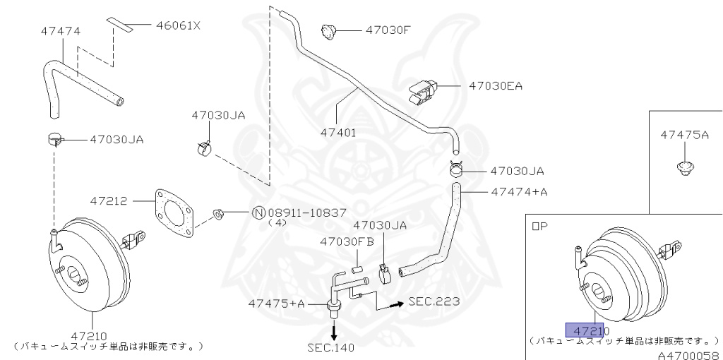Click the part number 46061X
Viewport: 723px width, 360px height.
177,26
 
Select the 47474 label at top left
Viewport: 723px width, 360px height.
60,32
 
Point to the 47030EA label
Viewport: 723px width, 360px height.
496,86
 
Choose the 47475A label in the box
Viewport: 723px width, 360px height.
684,135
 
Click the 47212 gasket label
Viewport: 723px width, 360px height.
108,201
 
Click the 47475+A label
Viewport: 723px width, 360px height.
276,304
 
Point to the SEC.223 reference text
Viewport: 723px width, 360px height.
434,301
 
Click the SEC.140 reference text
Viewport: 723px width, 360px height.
331,347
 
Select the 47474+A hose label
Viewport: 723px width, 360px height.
519,191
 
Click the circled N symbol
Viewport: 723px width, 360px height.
258,212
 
